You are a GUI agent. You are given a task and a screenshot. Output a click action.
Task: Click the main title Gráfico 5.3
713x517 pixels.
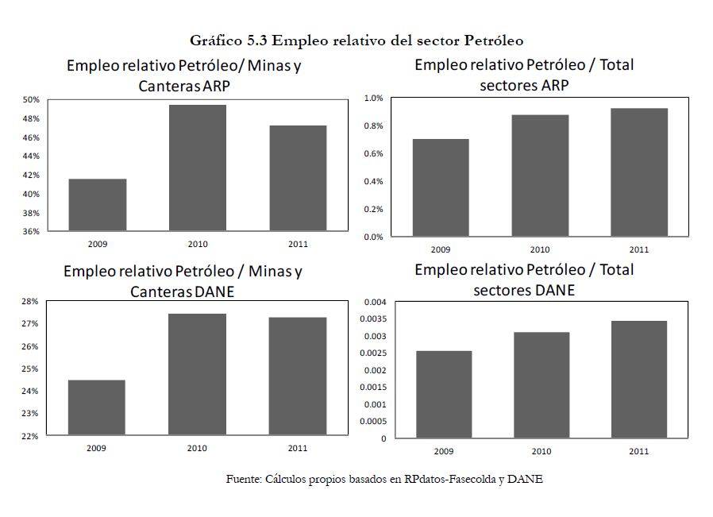[x=356, y=40]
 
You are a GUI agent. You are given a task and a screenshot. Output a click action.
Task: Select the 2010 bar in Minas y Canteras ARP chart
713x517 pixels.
[x=197, y=168]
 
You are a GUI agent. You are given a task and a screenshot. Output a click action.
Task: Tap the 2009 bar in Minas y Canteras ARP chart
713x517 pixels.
[x=97, y=205]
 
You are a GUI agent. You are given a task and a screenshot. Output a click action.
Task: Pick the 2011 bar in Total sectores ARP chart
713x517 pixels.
[x=638, y=172]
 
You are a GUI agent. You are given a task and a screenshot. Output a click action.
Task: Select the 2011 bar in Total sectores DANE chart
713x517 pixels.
[x=638, y=380]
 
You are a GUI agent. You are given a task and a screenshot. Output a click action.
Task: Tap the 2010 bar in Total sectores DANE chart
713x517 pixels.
[x=541, y=385]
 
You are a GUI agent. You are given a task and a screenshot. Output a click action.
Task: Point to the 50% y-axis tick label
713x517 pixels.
[x=30, y=100]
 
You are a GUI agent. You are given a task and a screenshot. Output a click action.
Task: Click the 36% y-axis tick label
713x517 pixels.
[x=30, y=232]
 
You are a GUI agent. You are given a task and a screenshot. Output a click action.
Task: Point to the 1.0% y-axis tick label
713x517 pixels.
[x=373, y=98]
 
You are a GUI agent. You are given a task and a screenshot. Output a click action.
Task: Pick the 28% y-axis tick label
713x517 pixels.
[x=30, y=302]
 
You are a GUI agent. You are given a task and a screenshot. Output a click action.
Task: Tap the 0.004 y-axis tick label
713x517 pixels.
[x=375, y=303]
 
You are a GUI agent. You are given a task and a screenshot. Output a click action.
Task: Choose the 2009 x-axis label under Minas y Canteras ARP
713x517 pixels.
[x=97, y=244]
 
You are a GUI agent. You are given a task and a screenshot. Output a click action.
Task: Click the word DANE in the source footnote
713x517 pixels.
[x=525, y=479]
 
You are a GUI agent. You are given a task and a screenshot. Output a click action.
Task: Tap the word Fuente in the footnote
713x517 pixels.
[x=242, y=479]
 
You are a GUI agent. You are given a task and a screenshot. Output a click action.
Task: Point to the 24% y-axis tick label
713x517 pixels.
[x=30, y=392]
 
